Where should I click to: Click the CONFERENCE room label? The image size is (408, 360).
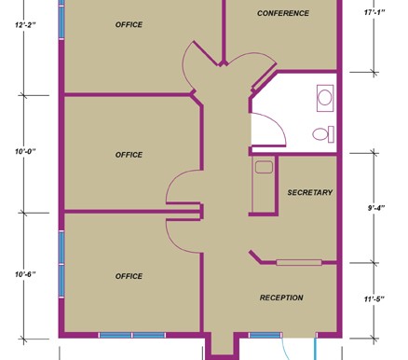pos(283,13)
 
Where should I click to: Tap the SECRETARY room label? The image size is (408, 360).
pos(310,192)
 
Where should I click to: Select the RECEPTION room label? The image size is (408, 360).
pos(281,298)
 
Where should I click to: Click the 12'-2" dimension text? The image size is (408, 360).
pos(25,24)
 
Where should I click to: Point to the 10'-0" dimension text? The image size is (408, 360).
pos(25,152)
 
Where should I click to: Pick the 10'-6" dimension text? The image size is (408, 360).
pos(25,274)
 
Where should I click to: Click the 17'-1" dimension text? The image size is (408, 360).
pos(374,12)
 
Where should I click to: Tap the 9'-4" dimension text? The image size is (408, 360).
pos(376,208)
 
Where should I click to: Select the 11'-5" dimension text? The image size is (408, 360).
pos(374,299)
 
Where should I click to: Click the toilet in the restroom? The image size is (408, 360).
pos(323,134)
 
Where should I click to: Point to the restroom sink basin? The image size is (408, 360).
pos(325,98)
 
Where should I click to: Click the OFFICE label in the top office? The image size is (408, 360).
pos(129,24)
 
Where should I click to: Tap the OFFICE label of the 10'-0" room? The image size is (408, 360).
pos(129,155)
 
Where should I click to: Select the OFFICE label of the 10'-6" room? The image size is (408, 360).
pos(129,276)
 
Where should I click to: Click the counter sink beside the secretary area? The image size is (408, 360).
pos(264,167)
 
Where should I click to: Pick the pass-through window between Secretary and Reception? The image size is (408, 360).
pos(299,263)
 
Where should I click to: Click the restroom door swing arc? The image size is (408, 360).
pos(279,124)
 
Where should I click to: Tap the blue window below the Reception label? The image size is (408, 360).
pos(265,335)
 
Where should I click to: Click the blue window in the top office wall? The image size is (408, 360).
pos(61,22)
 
